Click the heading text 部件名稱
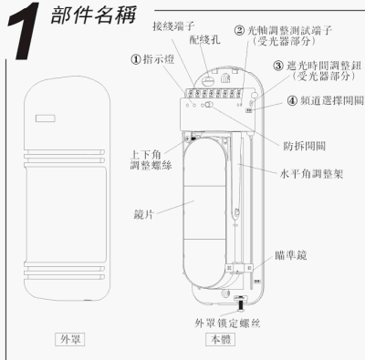(93, 15)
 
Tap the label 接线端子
(173, 26)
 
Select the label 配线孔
(204, 39)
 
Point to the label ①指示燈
(152, 59)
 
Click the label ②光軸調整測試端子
(283, 36)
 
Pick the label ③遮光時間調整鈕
(318, 70)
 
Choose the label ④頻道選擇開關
(326, 100)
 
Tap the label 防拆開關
(304, 146)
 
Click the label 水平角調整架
(311, 174)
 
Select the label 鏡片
(143, 214)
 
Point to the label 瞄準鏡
(291, 255)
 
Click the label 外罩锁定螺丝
(227, 323)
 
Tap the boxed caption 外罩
(70, 339)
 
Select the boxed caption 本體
(221, 339)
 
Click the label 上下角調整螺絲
(151, 159)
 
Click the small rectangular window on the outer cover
(46, 118)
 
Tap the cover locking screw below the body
(240, 304)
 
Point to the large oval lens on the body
(204, 212)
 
